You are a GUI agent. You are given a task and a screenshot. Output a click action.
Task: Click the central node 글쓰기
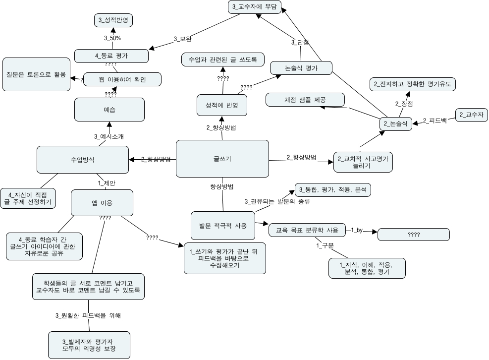pyautogui.click(x=222, y=159)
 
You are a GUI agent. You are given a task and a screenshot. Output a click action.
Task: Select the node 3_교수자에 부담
pyautogui.click(x=255, y=7)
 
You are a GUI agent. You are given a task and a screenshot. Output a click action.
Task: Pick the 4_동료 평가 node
pyautogui.click(x=111, y=56)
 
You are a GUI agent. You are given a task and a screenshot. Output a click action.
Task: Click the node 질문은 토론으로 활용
pyautogui.click(x=36, y=74)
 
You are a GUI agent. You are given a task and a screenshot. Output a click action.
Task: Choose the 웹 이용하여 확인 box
pyautogui.click(x=122, y=79)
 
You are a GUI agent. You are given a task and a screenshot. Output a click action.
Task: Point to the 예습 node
pyautogui.click(x=109, y=110)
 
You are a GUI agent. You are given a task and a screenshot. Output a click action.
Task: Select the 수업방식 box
pyautogui.click(x=83, y=160)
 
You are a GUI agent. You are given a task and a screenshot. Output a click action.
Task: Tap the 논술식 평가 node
pyautogui.click(x=301, y=68)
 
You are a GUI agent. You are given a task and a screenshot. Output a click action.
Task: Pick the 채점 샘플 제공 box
pyautogui.click(x=305, y=99)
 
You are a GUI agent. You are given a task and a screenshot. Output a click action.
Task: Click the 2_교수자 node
pyautogui.click(x=471, y=115)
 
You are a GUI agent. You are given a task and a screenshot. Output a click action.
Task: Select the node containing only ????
pyautogui.click(x=414, y=235)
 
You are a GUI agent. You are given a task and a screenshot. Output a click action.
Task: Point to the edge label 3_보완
pyautogui.click(x=183, y=39)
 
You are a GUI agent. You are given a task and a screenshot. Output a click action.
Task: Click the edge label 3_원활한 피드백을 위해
pyautogui.click(x=88, y=315)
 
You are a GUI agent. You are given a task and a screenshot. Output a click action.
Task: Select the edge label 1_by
pyautogui.click(x=357, y=230)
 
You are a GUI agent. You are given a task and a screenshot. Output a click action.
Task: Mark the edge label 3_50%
pyautogui.click(x=112, y=38)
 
